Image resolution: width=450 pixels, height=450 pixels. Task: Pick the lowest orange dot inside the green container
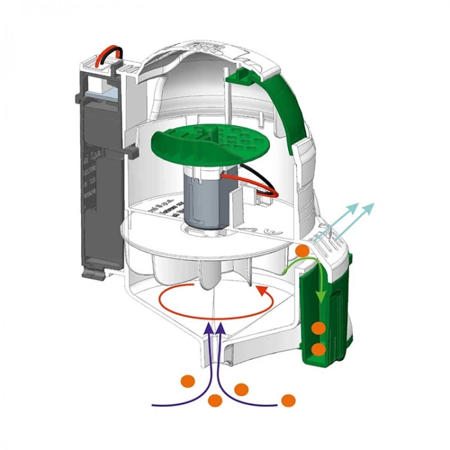click(318, 349)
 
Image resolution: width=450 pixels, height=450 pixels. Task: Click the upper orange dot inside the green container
click(318, 328)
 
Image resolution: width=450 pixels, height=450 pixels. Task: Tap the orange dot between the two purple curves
click(215, 400)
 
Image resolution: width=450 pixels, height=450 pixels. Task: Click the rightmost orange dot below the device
click(289, 399)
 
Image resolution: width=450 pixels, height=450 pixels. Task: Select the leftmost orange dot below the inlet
click(188, 379)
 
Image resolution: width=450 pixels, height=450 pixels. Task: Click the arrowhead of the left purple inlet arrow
click(208, 329)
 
